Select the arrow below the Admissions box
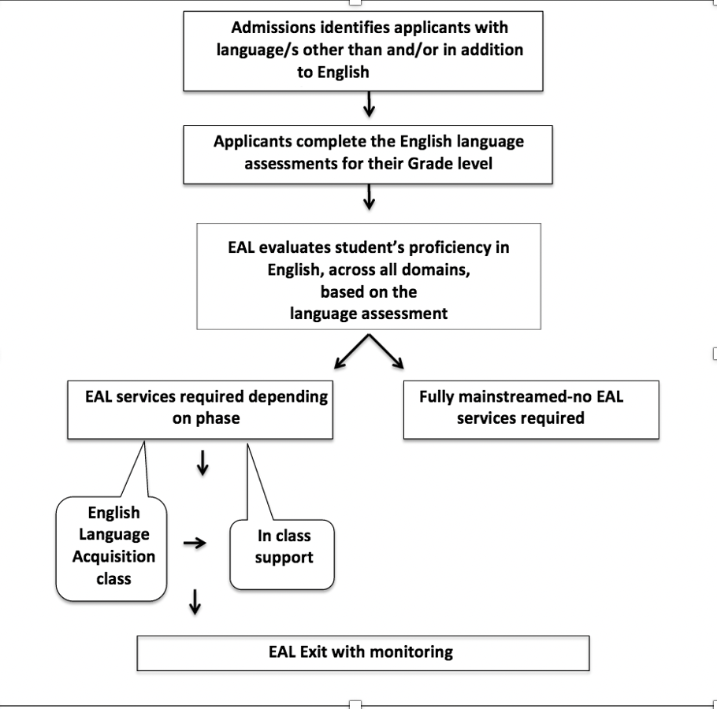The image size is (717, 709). coord(368,103)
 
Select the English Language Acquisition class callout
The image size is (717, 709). coord(112,546)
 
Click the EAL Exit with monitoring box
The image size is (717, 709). coord(363,652)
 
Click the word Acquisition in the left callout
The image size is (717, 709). coord(113,556)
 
